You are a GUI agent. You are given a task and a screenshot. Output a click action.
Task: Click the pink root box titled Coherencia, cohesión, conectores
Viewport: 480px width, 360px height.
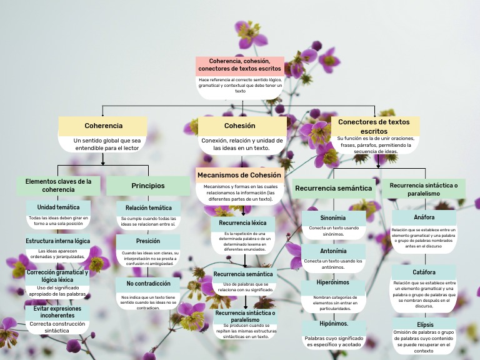point(240,65)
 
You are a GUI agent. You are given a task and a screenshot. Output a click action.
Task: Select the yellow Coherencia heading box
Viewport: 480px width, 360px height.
point(103,126)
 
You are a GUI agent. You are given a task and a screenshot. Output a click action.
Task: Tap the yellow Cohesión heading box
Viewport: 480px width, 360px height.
point(240,126)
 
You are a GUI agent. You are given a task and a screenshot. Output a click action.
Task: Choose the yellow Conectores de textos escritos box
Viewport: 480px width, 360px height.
point(374,126)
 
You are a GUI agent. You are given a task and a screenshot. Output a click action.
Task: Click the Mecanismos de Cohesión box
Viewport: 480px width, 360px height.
point(240,175)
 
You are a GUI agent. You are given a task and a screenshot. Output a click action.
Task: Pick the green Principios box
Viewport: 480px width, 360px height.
point(148,186)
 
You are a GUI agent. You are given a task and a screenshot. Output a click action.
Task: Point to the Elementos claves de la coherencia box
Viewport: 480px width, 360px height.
point(58,186)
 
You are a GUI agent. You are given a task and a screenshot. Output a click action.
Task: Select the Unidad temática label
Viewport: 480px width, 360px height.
point(58,207)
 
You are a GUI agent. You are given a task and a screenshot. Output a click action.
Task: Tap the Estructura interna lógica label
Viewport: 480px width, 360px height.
point(57,241)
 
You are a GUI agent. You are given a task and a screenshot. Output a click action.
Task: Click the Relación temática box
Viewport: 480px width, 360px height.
point(148,207)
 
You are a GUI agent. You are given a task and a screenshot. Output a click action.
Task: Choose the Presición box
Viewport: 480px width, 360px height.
point(148,241)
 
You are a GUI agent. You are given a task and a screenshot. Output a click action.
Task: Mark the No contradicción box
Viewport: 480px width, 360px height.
point(148,283)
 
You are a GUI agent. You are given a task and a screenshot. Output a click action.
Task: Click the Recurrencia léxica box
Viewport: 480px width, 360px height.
point(242,222)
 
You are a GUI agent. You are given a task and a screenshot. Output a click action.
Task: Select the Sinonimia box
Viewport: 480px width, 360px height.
point(333,218)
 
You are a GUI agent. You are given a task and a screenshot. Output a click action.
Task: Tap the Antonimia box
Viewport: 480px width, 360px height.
point(333,251)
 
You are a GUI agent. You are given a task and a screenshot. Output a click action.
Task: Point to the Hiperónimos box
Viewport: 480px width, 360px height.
point(333,283)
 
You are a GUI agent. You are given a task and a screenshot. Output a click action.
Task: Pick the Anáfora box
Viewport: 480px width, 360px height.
point(424,217)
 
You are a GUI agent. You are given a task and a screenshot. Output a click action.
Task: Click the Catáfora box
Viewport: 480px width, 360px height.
point(424,272)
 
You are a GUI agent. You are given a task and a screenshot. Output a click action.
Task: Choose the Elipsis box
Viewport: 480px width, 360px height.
point(424,324)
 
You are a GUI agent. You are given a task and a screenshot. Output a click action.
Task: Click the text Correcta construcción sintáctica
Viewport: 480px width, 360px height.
point(57,327)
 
